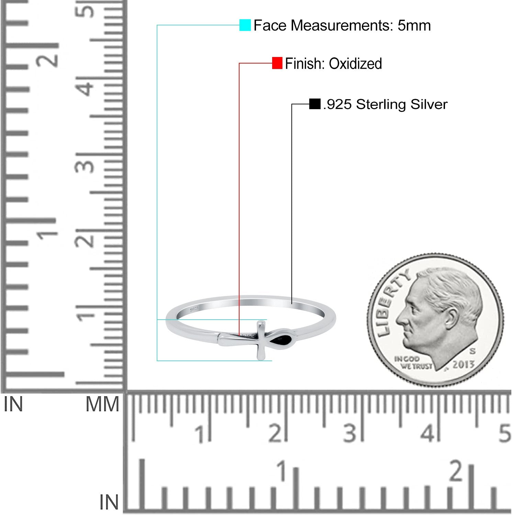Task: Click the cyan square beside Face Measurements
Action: [x=245, y=25]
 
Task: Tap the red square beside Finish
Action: [x=277, y=63]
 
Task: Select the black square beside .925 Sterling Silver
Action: [x=315, y=104]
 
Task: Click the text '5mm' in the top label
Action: [x=414, y=25]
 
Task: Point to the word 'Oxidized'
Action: [x=355, y=64]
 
